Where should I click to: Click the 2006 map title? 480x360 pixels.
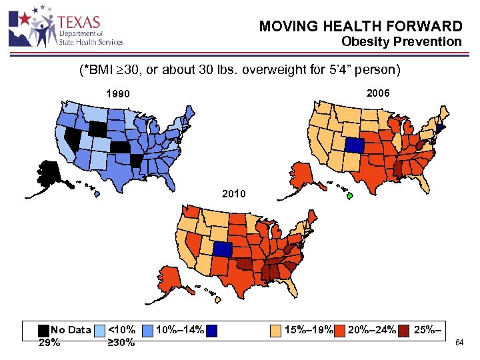coord(377,92)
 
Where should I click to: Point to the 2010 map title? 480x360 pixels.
coord(235,194)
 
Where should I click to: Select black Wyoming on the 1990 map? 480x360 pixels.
coord(98,129)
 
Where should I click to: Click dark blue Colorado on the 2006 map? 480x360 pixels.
coord(355,145)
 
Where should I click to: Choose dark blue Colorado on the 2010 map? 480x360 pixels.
coord(221,249)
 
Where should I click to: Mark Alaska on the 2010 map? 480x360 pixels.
coord(168,275)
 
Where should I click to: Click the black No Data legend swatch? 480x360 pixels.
coord(43,329)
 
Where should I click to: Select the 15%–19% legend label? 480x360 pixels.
coord(307,329)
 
